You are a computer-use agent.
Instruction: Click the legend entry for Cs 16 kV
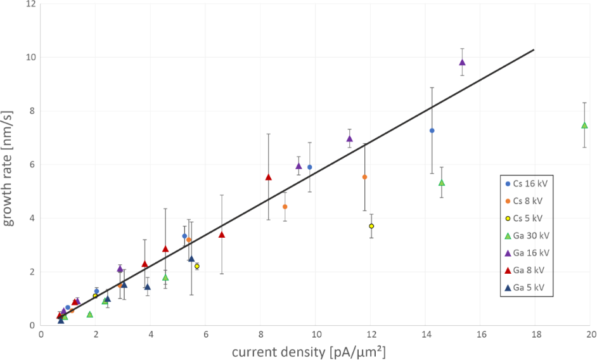(x=525, y=184)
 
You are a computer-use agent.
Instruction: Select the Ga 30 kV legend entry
(x=525, y=236)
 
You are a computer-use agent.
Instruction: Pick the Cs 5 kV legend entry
(x=525, y=219)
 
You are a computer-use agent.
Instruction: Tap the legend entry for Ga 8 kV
(x=525, y=270)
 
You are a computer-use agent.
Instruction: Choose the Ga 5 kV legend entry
(x=525, y=287)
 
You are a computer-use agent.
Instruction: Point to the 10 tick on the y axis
(x=30, y=57)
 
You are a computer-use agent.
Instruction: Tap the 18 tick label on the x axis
(x=536, y=334)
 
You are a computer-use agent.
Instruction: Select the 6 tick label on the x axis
(x=206, y=334)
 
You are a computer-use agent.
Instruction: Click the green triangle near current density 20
(x=584, y=125)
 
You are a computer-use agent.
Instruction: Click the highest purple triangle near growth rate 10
(x=462, y=62)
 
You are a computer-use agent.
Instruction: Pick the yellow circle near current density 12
(x=371, y=226)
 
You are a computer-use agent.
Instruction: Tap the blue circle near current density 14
(x=432, y=131)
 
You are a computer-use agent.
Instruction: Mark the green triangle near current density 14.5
(x=442, y=183)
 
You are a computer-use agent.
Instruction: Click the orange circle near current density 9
(x=285, y=207)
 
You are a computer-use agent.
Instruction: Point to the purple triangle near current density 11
(x=349, y=138)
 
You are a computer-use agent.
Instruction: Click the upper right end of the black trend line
(x=534, y=49)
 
